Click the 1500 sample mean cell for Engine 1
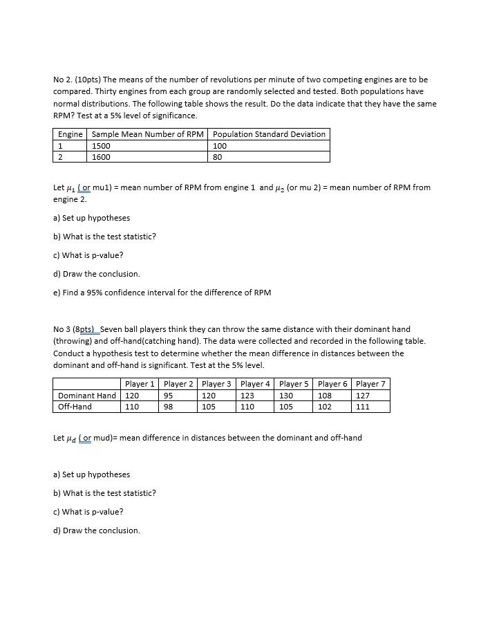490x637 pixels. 101,146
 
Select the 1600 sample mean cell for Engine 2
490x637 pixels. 101,157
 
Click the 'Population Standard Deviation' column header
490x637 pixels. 269,134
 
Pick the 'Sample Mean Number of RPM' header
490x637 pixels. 148,134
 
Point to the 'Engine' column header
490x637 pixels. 70,134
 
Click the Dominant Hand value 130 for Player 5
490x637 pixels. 286,396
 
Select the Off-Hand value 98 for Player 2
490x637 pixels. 169,407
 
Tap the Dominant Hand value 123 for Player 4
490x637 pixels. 247,396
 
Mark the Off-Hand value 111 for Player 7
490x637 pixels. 363,407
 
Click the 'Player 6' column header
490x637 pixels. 332,384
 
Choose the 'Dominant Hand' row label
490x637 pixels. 87,396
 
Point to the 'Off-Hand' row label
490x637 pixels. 75,407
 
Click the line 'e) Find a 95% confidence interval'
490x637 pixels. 162,293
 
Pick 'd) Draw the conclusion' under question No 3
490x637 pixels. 96,530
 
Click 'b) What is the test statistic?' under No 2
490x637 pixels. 104,237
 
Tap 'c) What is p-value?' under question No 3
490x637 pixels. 88,512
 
